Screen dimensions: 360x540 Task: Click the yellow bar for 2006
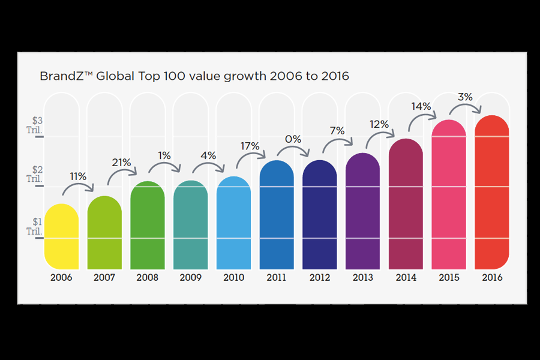(x=61, y=237)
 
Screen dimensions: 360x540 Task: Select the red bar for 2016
(x=492, y=192)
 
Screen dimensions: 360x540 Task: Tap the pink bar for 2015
(x=449, y=195)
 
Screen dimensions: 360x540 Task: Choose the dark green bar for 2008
(x=147, y=225)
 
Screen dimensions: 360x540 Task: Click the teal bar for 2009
(x=190, y=225)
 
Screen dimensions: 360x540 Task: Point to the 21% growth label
(x=121, y=162)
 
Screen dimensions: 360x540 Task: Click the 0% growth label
(x=293, y=139)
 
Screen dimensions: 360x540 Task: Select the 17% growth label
(x=250, y=146)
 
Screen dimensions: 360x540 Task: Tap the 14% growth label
(x=421, y=106)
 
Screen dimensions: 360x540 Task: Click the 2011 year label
(x=277, y=278)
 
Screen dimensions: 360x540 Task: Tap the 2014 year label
(x=406, y=278)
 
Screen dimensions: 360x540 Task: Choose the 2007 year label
(x=104, y=278)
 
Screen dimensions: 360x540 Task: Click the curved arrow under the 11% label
(x=78, y=187)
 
